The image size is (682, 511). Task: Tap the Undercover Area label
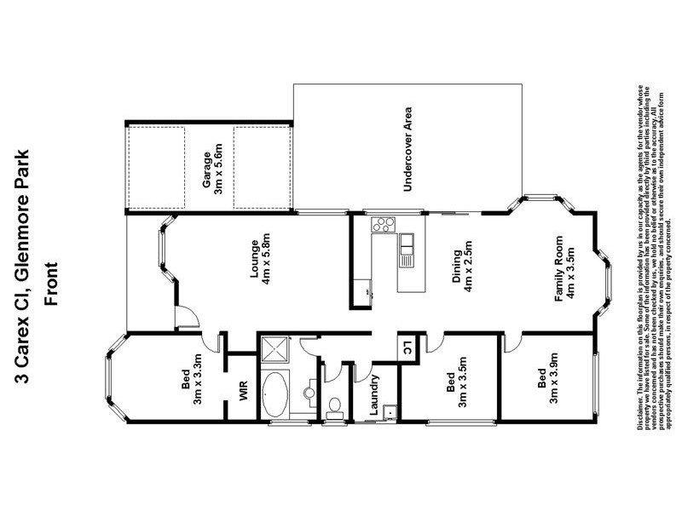point(408,149)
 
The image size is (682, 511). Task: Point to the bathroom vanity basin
point(309,393)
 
